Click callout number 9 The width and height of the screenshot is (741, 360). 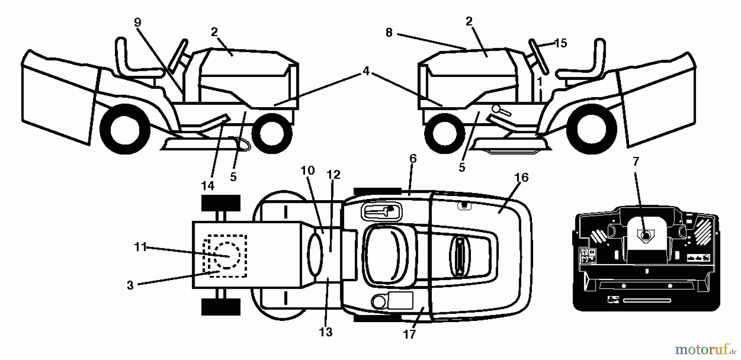[x=137, y=22]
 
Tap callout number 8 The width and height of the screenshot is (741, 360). [x=389, y=33]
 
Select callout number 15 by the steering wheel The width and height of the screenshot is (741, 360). [x=561, y=43]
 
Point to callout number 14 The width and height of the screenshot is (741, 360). [x=208, y=186]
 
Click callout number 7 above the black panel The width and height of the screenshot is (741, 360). [x=636, y=161]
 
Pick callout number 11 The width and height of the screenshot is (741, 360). [x=140, y=247]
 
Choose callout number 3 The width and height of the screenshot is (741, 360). [x=130, y=285]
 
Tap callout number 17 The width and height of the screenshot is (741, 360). [x=409, y=334]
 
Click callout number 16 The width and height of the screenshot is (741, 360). [x=521, y=178]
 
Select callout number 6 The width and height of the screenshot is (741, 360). [x=413, y=159]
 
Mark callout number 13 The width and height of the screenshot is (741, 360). [x=326, y=332]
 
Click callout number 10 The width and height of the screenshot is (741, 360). [x=308, y=170]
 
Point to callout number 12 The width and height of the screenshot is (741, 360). [x=333, y=175]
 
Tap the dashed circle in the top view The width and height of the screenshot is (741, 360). [x=226, y=255]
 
